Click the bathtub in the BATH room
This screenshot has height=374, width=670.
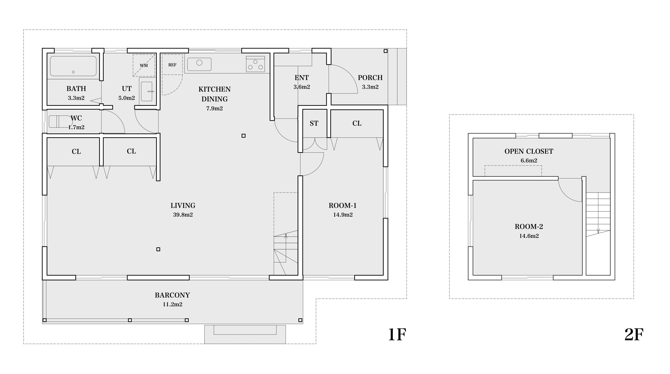coord(73,66)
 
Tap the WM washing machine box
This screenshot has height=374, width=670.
coord(144,65)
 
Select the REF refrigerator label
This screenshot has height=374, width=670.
coord(172,65)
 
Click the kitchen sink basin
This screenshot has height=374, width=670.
coord(199,64)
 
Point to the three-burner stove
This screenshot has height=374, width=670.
coord(255,64)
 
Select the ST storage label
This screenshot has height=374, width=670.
coord(314,123)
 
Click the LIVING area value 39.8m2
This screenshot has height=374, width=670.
coord(183,215)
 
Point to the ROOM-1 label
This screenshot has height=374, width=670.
coord(343,206)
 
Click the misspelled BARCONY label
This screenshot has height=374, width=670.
coord(172,295)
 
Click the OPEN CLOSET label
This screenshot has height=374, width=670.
coord(529,151)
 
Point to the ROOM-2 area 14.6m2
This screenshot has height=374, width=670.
coord(529,236)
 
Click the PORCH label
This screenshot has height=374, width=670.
coord(370,78)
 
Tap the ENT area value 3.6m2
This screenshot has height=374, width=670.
coord(302,87)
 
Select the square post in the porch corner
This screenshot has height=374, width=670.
coord(385,51)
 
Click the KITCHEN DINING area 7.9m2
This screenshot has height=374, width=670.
coord(214,108)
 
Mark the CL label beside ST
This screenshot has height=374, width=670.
coord(357,123)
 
